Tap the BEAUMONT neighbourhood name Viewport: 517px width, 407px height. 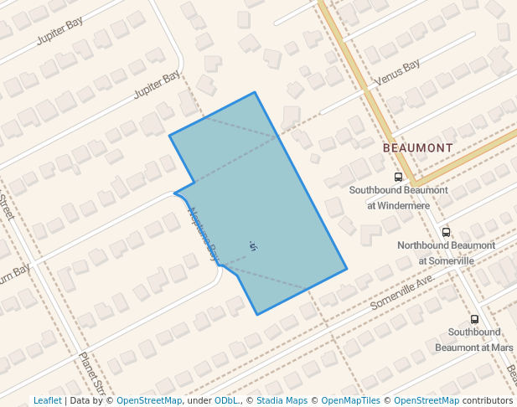(417, 147)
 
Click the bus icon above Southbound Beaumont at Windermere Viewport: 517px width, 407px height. (398, 177)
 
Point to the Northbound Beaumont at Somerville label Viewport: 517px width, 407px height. (446, 253)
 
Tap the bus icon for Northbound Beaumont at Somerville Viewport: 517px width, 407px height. (446, 232)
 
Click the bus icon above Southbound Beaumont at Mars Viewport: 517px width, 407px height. (475, 319)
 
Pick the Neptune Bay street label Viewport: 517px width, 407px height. (204, 233)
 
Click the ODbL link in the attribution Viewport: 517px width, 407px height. (226, 401)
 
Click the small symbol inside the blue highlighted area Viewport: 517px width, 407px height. (253, 245)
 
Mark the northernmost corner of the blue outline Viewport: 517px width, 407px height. (255, 93)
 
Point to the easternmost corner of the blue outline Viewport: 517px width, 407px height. (347, 270)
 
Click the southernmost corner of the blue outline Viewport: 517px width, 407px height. (257, 315)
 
